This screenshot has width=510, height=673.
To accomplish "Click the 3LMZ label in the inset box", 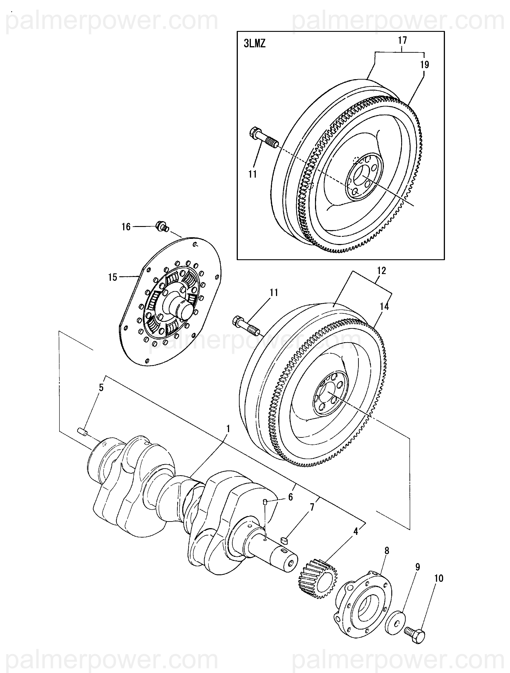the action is click(x=254, y=44).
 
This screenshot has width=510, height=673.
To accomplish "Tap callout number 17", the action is click(x=402, y=40).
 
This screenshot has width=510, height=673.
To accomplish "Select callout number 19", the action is click(x=425, y=65).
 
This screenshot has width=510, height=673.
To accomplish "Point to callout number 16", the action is click(x=126, y=227).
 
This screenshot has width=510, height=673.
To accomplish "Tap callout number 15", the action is click(x=112, y=277).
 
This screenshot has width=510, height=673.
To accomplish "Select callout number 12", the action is click(x=381, y=270).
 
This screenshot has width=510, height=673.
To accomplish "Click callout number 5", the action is click(x=101, y=387).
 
